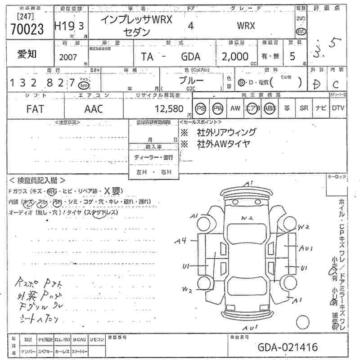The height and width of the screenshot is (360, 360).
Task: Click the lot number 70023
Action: pyautogui.click(x=27, y=29)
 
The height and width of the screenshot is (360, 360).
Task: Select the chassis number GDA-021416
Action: pyautogui.click(x=288, y=347)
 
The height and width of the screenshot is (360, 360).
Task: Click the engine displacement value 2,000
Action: pyautogui.click(x=235, y=57)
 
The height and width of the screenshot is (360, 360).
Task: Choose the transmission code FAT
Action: pyautogui.click(x=36, y=108)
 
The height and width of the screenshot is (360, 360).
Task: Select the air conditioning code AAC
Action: pyautogui.click(x=94, y=108)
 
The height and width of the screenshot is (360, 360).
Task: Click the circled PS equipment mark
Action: pyautogui.click(x=201, y=108)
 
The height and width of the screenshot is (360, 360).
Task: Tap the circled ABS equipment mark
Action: pyautogui.click(x=270, y=108)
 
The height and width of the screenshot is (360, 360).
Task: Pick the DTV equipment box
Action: pyautogui.click(x=338, y=108)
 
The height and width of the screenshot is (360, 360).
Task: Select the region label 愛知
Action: pyautogui.click(x=27, y=54)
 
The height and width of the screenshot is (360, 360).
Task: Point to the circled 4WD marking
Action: pyautogui.click(x=300, y=31)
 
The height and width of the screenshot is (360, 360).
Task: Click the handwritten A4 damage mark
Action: pyautogui.click(x=181, y=241)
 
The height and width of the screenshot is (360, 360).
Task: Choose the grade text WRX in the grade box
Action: pyautogui.click(x=246, y=26)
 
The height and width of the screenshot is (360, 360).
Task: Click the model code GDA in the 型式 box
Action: pyautogui.click(x=191, y=57)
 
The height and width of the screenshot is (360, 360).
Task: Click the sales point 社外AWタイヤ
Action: pyautogui.click(x=223, y=144)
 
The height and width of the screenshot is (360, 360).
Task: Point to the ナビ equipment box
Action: pyautogui.click(x=320, y=108)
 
